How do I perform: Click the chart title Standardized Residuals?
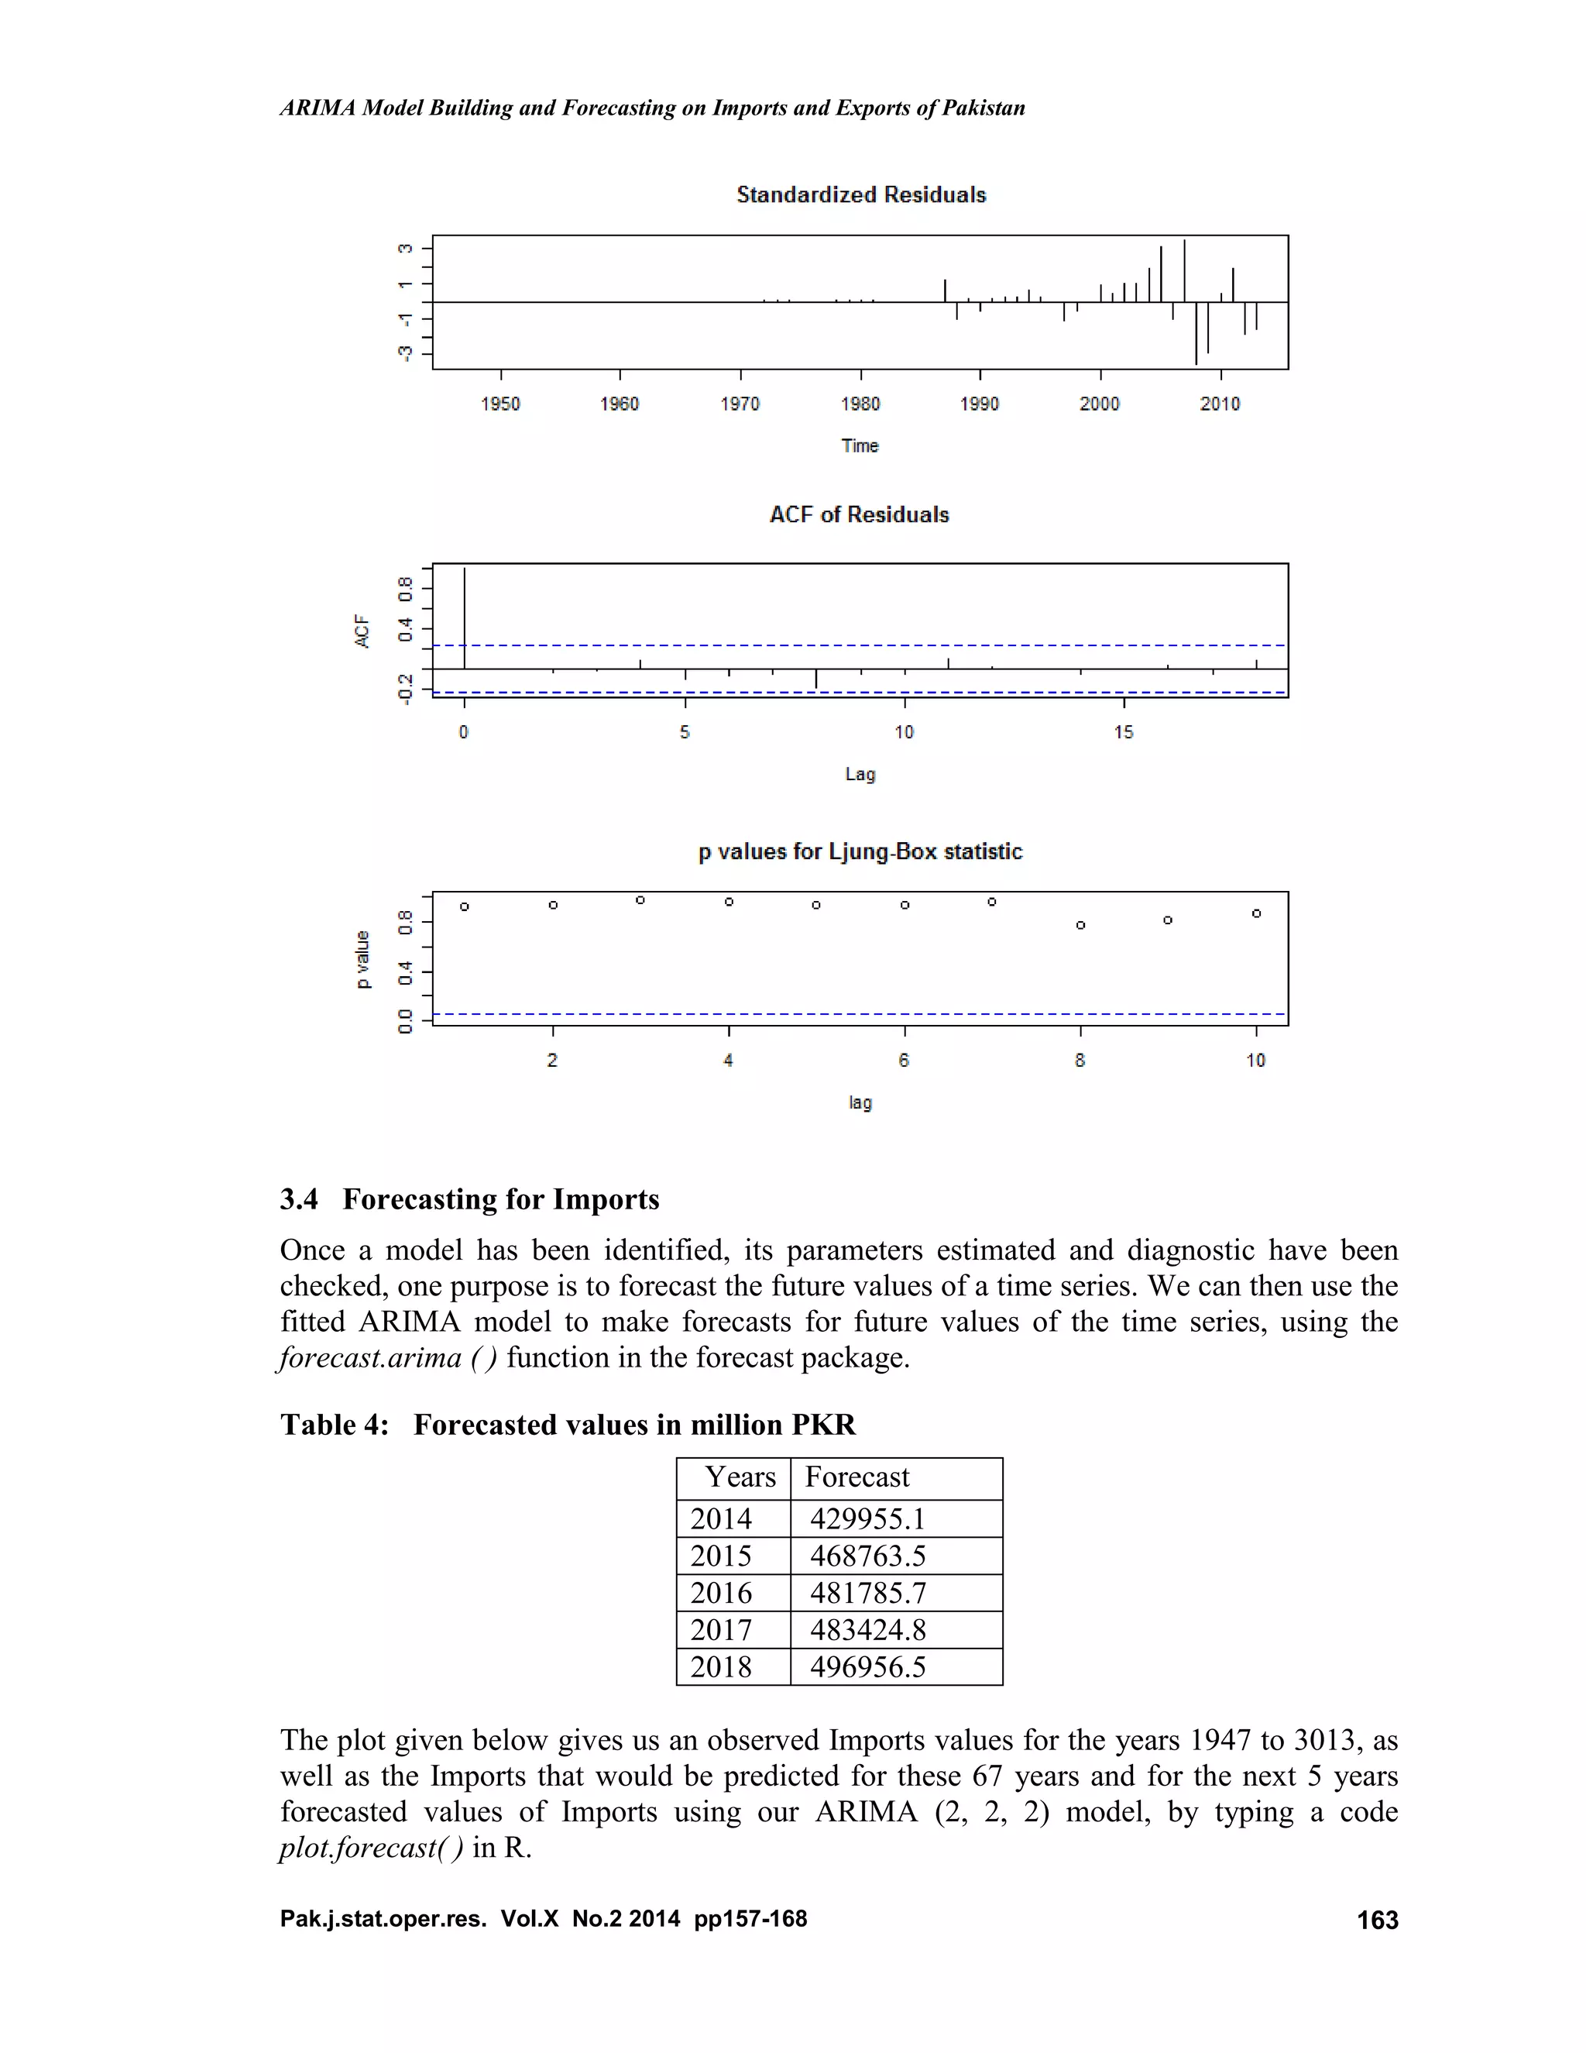860,194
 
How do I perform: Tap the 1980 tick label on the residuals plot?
860,404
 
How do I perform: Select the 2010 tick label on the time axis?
1220,404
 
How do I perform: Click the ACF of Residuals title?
859,514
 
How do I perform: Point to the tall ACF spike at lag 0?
464,616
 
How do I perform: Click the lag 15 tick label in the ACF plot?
1124,731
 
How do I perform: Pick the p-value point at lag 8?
1080,925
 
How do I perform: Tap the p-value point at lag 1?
464,906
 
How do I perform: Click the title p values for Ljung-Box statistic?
860,851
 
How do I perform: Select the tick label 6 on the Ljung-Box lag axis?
904,1061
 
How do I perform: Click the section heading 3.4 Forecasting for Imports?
470,1199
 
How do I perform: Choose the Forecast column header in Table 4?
857,1477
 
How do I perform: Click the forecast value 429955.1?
867,1519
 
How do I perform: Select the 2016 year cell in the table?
721,1592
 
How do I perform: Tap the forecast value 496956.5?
867,1666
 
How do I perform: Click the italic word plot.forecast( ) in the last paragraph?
371,1847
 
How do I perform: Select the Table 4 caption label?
334,1425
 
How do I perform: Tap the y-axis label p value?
362,959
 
